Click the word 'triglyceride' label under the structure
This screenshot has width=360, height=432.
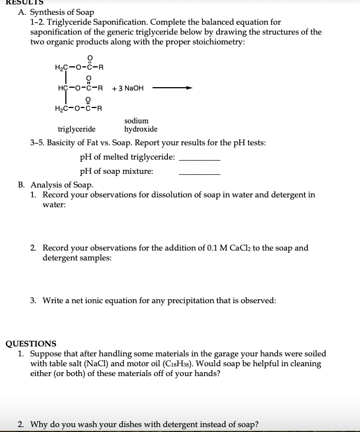(76, 129)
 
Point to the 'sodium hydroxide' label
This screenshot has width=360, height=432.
(140, 125)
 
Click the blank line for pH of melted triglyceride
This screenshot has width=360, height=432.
(200, 158)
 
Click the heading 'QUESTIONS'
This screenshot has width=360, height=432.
(31, 344)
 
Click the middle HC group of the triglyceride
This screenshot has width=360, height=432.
(63, 88)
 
